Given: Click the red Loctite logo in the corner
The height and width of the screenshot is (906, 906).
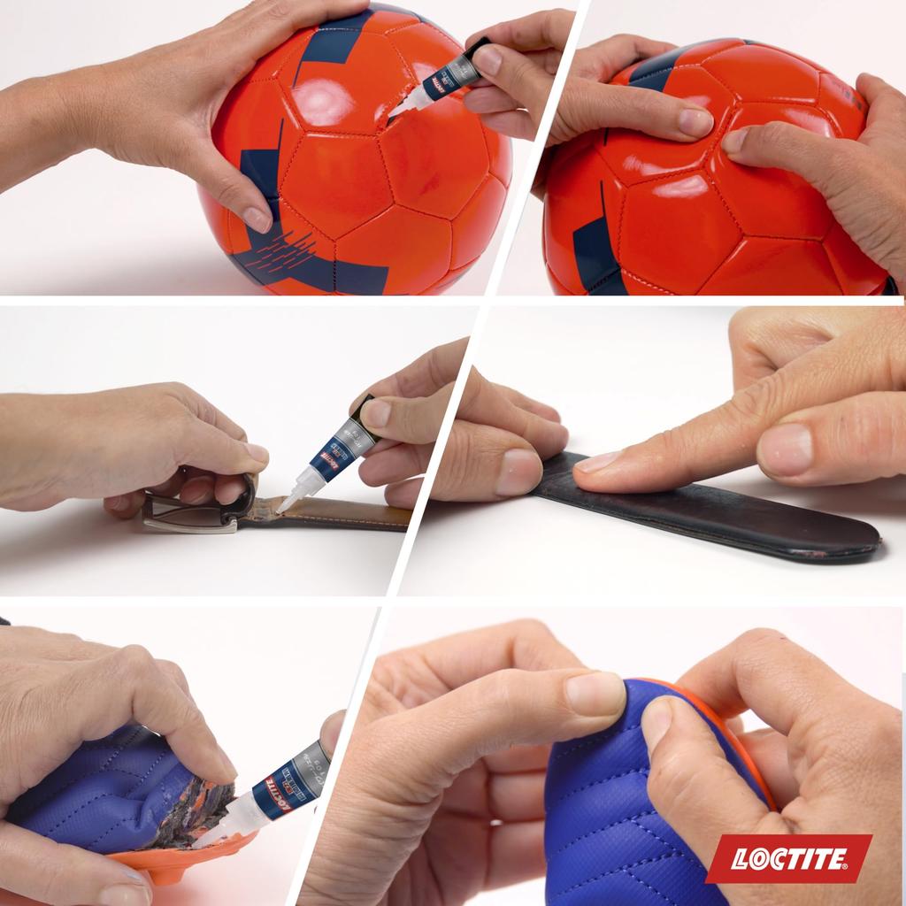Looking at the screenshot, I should tap(788, 857).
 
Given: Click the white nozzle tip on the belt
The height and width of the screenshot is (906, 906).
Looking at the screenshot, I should tap(287, 502).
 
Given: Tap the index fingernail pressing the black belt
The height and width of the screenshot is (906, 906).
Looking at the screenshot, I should tap(600, 462).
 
